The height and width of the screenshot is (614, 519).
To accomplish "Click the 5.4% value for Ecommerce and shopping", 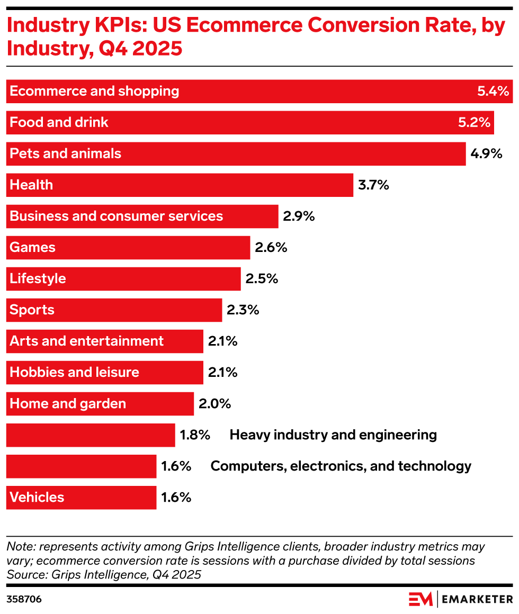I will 493,91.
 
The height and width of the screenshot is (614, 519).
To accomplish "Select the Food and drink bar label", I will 59,122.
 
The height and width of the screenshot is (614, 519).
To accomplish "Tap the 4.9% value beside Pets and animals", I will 486,153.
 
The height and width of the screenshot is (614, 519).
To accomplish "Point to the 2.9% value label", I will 299,216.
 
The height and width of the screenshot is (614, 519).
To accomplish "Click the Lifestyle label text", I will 38,278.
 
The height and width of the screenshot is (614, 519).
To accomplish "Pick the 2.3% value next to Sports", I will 243,310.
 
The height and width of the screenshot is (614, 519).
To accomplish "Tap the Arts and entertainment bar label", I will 86,341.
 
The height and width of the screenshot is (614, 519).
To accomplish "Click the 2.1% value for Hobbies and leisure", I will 222,372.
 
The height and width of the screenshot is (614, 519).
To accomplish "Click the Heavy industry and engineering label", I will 333,435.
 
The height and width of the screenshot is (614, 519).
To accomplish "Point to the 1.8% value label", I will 195,435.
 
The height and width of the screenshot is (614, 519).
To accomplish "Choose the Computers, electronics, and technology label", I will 341,466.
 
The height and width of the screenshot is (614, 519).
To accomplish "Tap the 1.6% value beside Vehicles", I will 176,498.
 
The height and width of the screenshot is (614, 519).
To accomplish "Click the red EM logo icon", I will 421,599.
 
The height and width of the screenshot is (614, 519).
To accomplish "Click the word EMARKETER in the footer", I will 477,599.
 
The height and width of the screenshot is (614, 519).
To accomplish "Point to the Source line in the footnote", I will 104,574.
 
